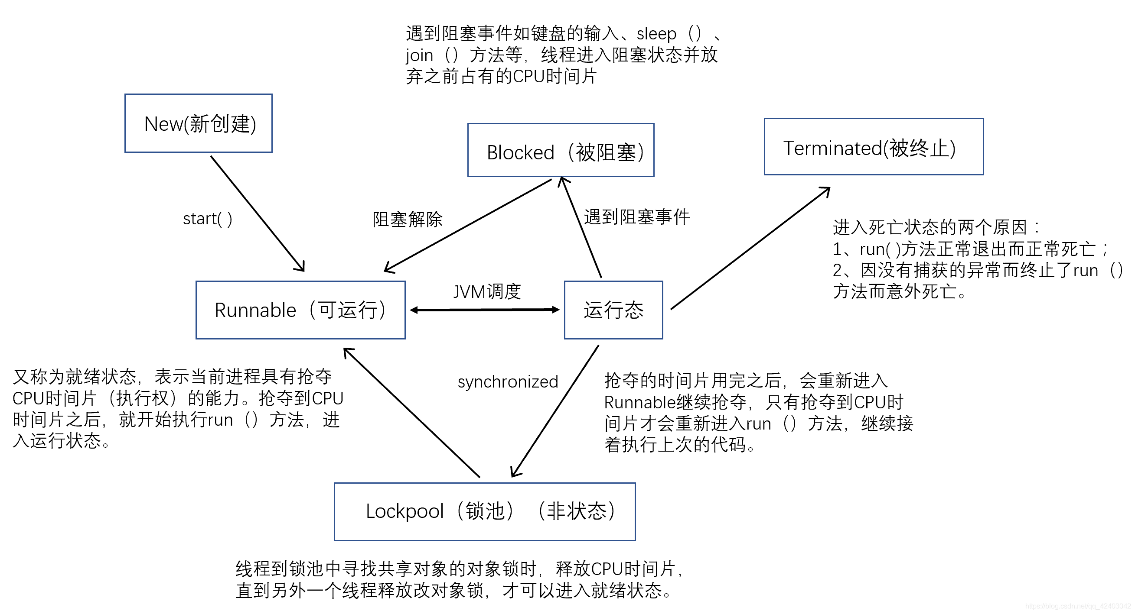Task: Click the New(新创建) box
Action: click(x=198, y=123)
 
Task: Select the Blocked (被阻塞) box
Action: click(x=561, y=150)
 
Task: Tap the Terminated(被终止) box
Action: click(x=873, y=146)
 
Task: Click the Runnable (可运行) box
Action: click(x=300, y=310)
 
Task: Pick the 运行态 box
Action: click(x=613, y=310)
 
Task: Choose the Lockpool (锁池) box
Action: click(x=484, y=511)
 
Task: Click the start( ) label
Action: click(x=207, y=219)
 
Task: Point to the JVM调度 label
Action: click(x=487, y=291)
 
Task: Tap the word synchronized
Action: click(x=508, y=381)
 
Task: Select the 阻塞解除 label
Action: click(x=407, y=219)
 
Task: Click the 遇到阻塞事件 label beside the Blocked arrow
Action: click(x=636, y=217)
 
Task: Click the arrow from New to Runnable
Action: click(x=258, y=213)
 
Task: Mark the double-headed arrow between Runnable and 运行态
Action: click(x=484, y=310)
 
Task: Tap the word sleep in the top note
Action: click(x=656, y=34)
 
